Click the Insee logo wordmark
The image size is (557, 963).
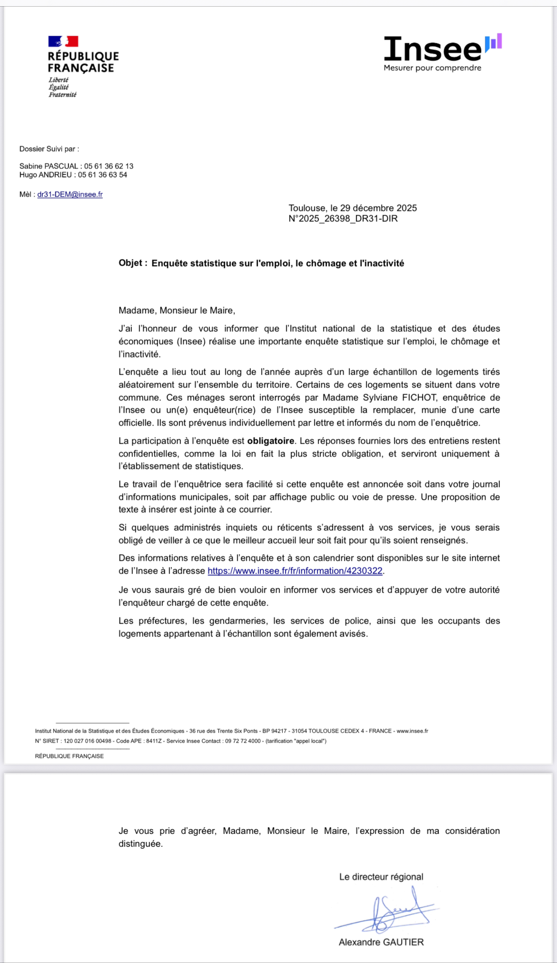click(433, 49)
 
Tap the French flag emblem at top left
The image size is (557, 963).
click(63, 41)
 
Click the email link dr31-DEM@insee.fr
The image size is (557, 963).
click(70, 194)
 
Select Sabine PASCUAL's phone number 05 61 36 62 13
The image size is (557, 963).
click(109, 166)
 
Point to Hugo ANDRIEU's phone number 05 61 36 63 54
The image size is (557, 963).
click(102, 175)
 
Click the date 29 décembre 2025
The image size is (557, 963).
click(378, 208)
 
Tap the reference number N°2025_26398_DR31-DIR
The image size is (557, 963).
click(343, 218)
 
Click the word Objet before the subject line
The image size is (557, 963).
click(130, 263)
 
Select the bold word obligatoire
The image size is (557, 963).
click(270, 441)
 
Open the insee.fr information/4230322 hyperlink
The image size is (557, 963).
click(295, 571)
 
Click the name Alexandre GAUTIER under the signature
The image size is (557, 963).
click(381, 942)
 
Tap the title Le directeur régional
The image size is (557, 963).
click(381, 877)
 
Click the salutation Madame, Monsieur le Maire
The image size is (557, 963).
click(177, 310)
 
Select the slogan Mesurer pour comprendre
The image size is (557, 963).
click(432, 68)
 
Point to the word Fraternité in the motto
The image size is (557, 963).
click(62, 95)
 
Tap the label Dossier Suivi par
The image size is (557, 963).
click(49, 149)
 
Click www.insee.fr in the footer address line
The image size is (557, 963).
click(412, 731)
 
